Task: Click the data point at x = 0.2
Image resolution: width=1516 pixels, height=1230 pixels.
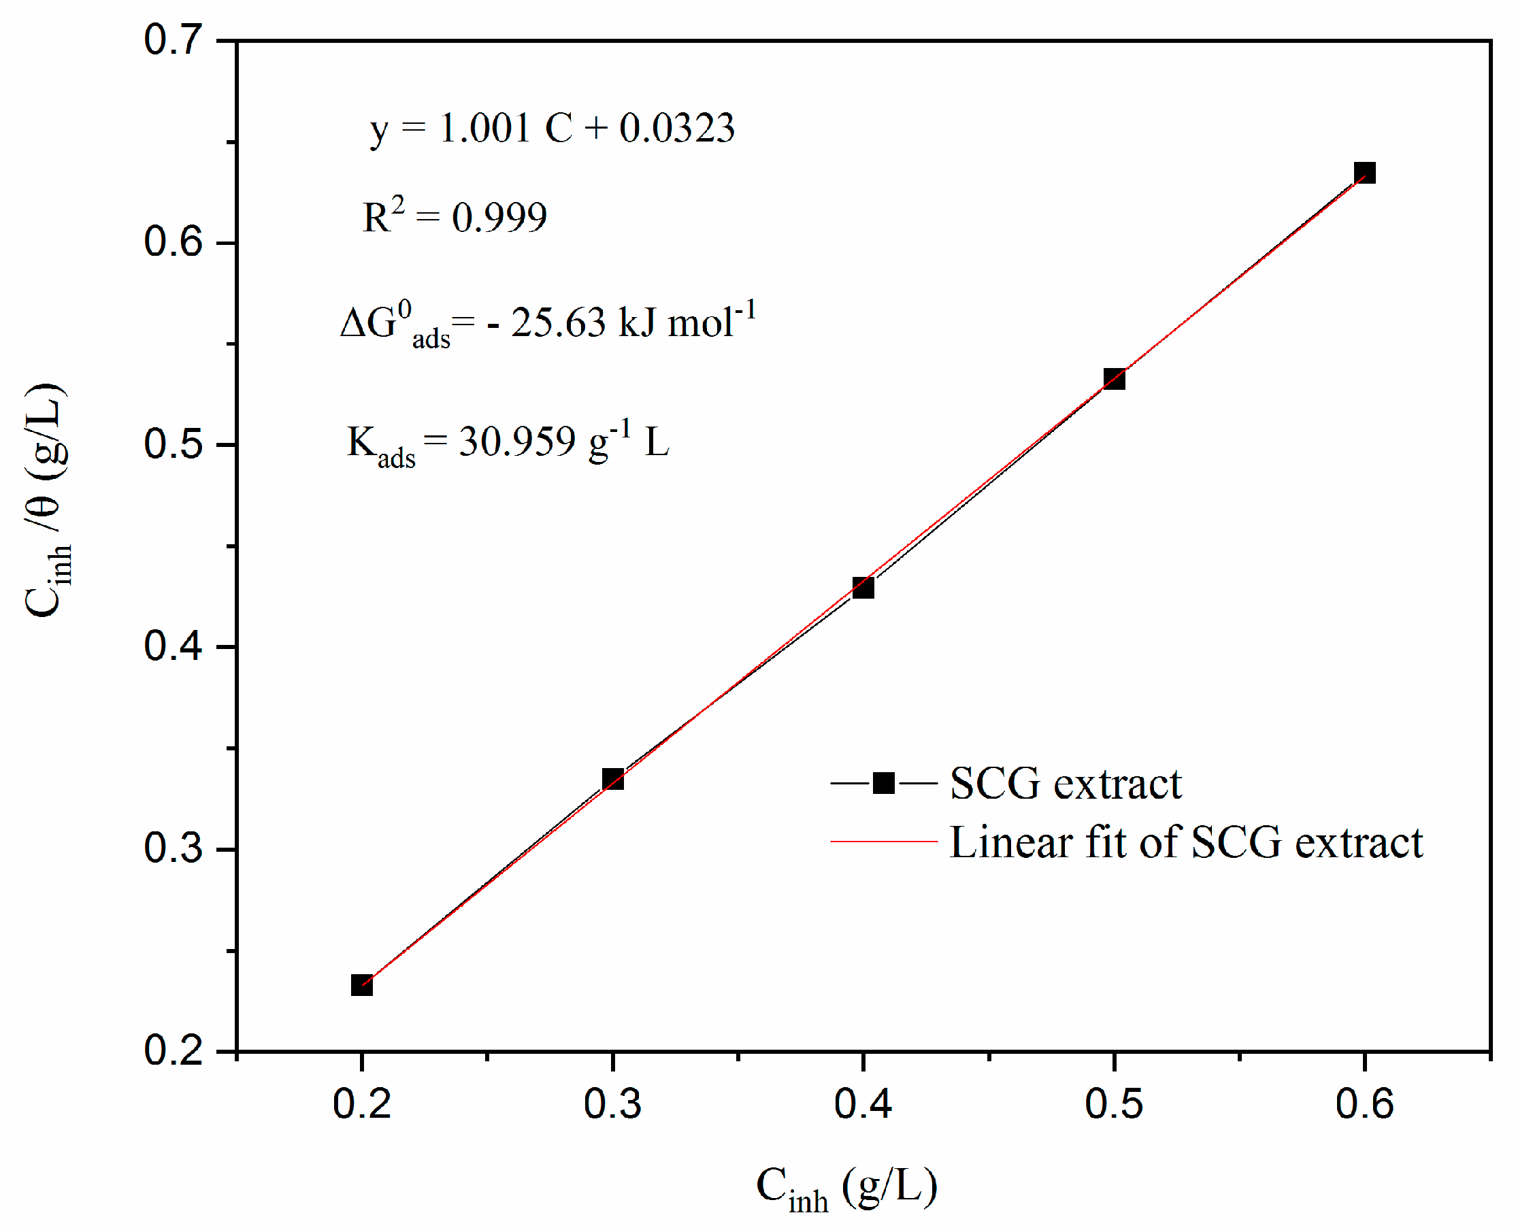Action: pyautogui.click(x=361, y=985)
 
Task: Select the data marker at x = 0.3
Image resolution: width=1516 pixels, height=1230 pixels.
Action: pyautogui.click(x=612, y=780)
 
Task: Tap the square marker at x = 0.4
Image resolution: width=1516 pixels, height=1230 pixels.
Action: pyautogui.click(x=863, y=587)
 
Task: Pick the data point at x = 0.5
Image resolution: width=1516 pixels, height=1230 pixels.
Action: pyautogui.click(x=1114, y=379)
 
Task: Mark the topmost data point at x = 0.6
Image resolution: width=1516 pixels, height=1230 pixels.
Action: pyautogui.click(x=1364, y=173)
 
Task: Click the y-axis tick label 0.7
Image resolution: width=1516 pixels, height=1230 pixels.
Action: pyautogui.click(x=173, y=39)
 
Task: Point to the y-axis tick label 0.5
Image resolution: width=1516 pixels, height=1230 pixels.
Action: pyautogui.click(x=173, y=444)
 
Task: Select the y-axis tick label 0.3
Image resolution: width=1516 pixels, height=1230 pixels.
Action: pyautogui.click(x=173, y=848)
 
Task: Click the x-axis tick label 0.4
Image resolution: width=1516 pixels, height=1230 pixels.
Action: pyautogui.click(x=863, y=1104)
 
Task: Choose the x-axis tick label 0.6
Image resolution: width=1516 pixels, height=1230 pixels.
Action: pyautogui.click(x=1364, y=1104)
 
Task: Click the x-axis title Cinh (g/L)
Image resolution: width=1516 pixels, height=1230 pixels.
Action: pyautogui.click(x=846, y=1188)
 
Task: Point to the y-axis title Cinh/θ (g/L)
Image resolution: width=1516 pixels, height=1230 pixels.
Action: pyautogui.click(x=48, y=499)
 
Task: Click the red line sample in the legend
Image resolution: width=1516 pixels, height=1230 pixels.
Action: pyautogui.click(x=883, y=842)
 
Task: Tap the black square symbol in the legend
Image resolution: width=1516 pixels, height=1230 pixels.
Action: pyautogui.click(x=883, y=783)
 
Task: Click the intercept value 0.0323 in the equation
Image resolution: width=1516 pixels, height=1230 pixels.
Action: pyautogui.click(x=677, y=129)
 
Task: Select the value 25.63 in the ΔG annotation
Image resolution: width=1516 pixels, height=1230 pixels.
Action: pyautogui.click(x=558, y=322)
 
